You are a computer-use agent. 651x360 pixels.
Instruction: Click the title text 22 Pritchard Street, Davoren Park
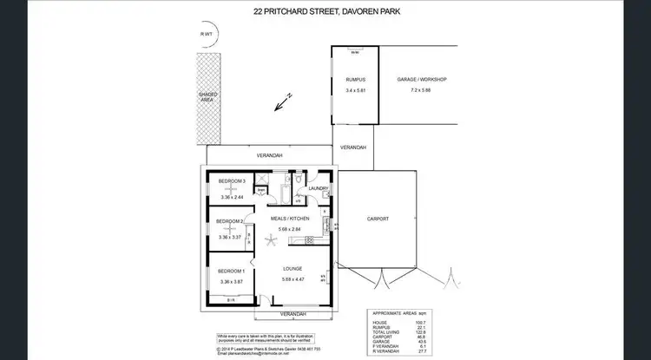(325, 12)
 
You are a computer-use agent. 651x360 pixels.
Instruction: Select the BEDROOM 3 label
(233, 180)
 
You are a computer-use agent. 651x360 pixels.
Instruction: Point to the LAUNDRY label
(317, 187)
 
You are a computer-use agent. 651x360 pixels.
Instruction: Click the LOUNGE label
(292, 268)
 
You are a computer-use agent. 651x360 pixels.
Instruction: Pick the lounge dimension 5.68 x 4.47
(292, 279)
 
